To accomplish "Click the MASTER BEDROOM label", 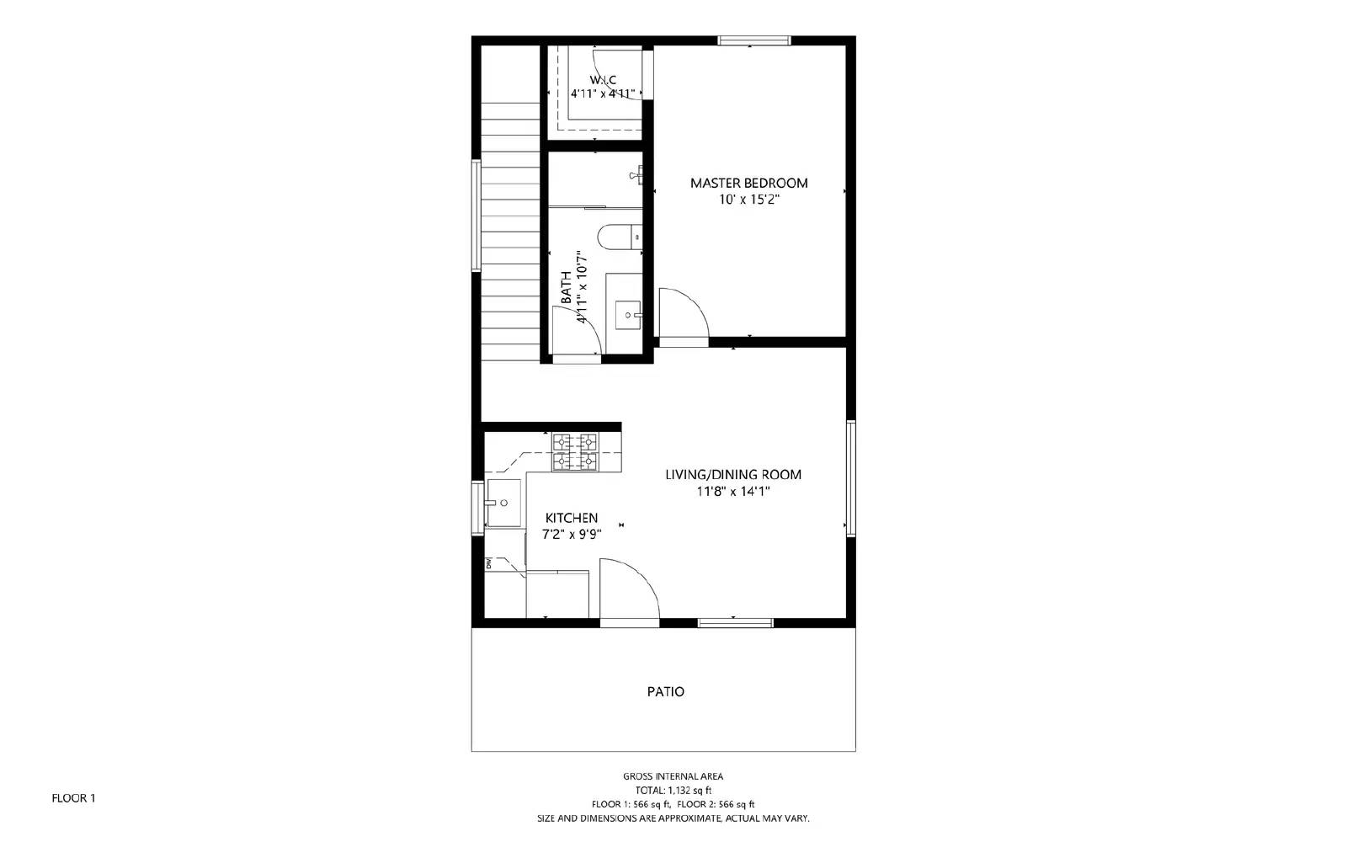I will point(748,183).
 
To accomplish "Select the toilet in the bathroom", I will point(619,237).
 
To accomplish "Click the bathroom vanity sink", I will point(627,317).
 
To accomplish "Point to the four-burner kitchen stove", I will point(574,452).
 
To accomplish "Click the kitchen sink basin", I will point(503,504).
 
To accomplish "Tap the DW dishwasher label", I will point(488,563).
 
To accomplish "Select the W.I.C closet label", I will point(603,80).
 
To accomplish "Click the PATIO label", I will point(665,692).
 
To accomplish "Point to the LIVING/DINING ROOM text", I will point(732,475).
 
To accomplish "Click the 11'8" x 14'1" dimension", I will point(732,492).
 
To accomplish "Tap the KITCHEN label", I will point(571,518).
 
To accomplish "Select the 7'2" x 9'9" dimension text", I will point(571,534).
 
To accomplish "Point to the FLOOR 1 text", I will point(74,798).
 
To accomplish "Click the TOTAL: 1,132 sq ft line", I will point(673,791).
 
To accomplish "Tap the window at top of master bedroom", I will point(753,40).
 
